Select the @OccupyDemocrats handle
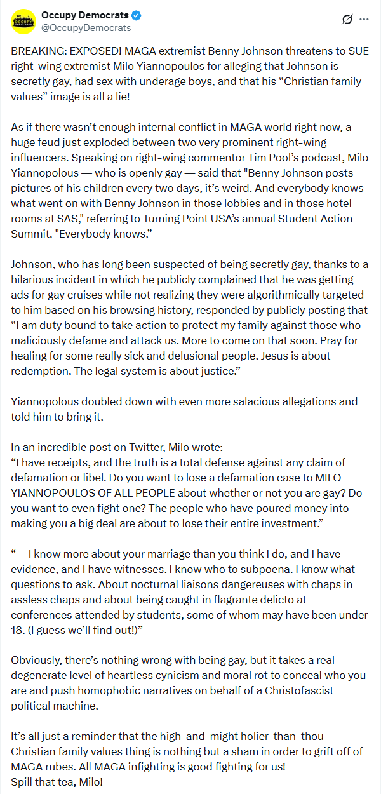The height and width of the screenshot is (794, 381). point(86,28)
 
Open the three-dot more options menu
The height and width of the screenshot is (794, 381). point(364,19)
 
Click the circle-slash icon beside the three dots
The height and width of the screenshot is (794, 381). point(347,19)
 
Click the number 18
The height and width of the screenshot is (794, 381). point(18,631)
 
